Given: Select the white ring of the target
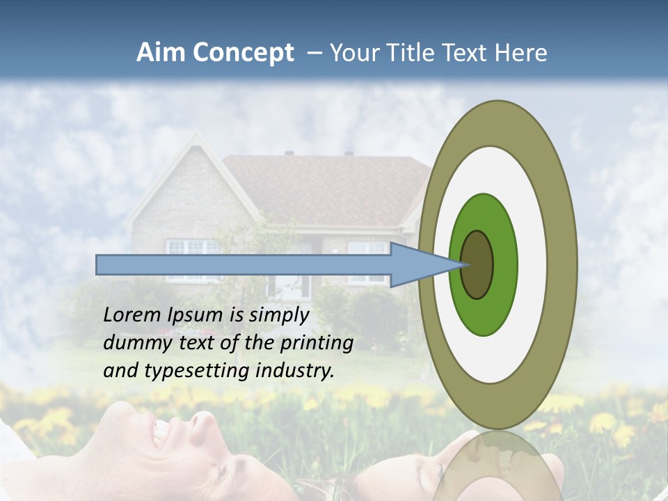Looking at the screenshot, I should point(532,264).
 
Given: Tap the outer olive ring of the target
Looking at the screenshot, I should point(562,264).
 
